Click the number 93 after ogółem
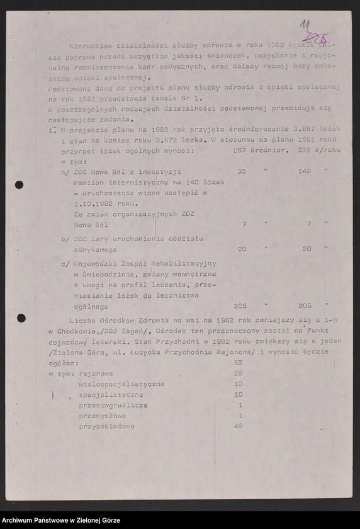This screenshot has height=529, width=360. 238,363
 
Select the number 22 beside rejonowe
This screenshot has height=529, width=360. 238,373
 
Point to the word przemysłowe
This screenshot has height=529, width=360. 103,416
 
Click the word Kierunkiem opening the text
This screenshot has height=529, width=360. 89,45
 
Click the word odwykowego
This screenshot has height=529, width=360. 96,249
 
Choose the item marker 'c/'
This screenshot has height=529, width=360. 65,264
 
